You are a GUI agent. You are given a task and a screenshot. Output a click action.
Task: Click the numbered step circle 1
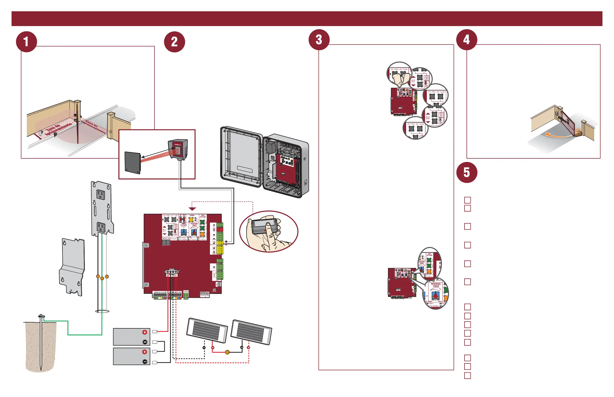tap(26, 42)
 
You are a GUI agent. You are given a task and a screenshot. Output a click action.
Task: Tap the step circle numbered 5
tap(467, 172)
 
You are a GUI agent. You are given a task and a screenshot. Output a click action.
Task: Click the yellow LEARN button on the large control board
tap(191, 220)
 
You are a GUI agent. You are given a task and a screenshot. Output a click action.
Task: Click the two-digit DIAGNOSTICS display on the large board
tap(166, 242)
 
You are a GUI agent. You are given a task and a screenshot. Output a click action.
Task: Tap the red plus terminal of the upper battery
tap(145, 332)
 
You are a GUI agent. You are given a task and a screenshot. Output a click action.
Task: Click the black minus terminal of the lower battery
tap(145, 362)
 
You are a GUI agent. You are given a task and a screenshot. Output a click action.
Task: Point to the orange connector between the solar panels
tap(227, 352)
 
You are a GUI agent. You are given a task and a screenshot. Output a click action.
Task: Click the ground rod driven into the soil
tap(41, 340)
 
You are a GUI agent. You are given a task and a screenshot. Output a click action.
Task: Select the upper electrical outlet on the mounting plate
tap(101, 194)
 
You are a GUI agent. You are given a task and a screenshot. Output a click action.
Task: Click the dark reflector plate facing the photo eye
tap(132, 162)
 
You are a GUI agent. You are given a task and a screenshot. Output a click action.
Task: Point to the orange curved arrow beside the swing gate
tap(557, 135)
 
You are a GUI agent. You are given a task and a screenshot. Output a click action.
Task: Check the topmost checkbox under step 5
tap(467, 200)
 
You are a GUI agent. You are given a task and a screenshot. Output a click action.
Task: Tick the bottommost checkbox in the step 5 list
tap(467, 376)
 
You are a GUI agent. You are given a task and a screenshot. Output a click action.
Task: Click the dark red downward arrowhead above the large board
tap(192, 209)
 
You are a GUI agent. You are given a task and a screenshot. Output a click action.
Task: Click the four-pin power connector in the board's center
tap(172, 272)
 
